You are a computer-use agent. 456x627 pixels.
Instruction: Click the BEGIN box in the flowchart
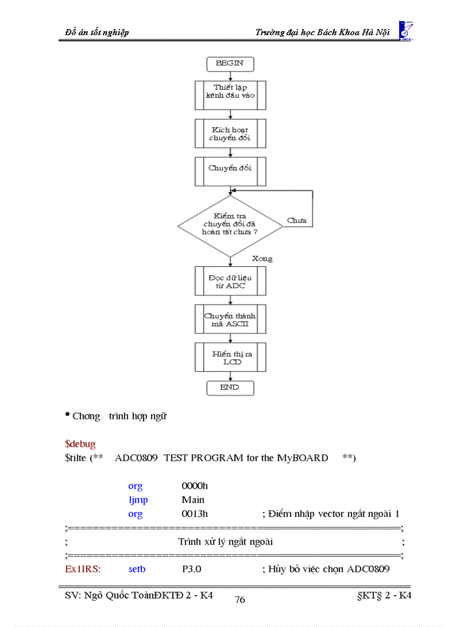click(230, 64)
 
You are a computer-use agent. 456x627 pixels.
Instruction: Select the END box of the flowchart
click(230, 387)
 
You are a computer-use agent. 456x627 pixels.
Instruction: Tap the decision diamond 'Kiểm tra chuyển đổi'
click(230, 226)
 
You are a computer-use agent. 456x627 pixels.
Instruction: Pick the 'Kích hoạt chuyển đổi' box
click(230, 133)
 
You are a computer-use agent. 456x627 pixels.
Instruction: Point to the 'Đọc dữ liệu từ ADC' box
click(230, 281)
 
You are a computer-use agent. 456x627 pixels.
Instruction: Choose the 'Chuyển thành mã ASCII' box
click(230, 319)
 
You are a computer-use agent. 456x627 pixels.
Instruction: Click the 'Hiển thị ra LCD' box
click(230, 357)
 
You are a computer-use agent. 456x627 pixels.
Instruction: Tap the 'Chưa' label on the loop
click(296, 221)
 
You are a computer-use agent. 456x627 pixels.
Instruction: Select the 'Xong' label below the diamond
click(262, 259)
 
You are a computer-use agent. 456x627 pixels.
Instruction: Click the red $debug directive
click(80, 444)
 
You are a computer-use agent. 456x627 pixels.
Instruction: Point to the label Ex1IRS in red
click(82, 569)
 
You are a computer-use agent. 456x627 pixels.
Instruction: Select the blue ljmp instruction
click(138, 500)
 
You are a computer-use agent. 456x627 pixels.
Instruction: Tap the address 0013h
click(194, 514)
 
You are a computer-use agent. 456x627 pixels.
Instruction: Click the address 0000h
click(194, 486)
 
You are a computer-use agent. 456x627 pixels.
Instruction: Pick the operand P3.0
click(192, 569)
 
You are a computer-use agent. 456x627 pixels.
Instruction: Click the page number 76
click(240, 600)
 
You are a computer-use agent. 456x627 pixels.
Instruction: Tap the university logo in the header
click(406, 30)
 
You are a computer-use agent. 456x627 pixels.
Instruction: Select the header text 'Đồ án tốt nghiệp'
click(97, 32)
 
